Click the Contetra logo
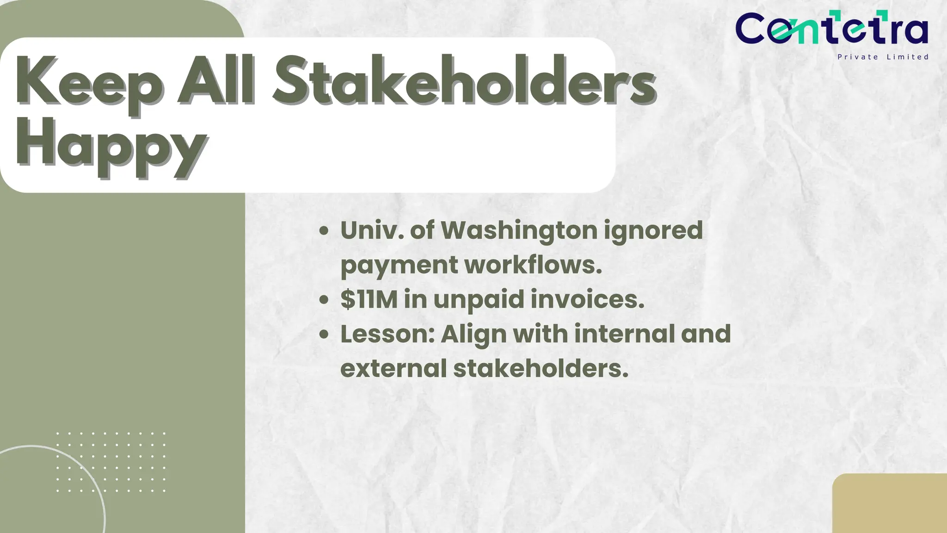pyautogui.click(x=831, y=29)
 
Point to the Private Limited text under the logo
pyautogui.click(x=883, y=57)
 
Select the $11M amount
pyautogui.click(x=369, y=299)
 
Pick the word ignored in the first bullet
pyautogui.click(x=653, y=231)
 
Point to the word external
pyautogui.click(x=393, y=369)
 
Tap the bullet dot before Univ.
pyautogui.click(x=324, y=230)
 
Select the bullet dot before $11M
pyautogui.click(x=324, y=300)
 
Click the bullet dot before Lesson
pyautogui.click(x=324, y=335)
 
